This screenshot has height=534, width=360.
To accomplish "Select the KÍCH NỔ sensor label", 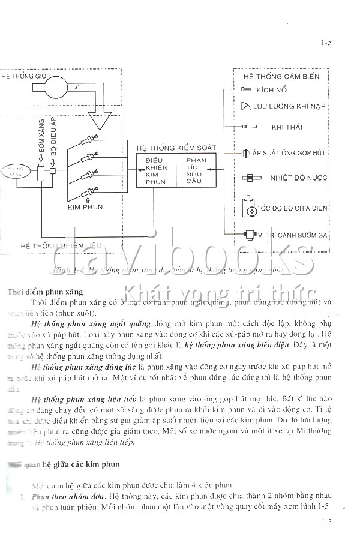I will [x=271, y=90].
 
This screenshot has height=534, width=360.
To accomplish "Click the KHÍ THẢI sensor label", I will [x=286, y=127].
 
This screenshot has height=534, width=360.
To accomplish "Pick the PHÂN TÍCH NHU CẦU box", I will [x=196, y=170].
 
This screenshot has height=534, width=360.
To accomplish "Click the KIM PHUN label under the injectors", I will [x=85, y=207].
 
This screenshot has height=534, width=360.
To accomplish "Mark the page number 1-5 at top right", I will [x=326, y=43].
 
